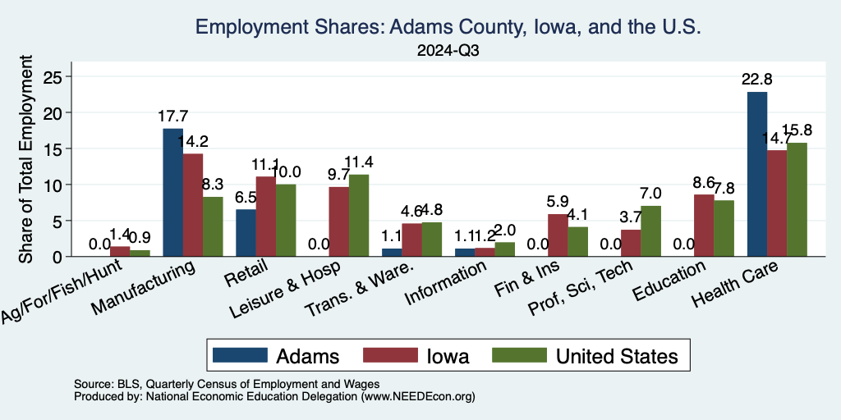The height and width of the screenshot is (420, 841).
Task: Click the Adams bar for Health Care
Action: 756,174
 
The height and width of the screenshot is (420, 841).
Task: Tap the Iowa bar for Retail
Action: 265,216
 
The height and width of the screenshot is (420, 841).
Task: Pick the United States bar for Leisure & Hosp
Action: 359,215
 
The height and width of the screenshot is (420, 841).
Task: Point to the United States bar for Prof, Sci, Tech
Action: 650,231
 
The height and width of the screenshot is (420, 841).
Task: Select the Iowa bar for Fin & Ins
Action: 558,235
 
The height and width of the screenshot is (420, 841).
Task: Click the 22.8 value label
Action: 756,80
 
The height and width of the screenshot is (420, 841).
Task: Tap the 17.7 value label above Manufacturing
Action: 172,116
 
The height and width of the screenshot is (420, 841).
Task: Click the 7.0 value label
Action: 651,194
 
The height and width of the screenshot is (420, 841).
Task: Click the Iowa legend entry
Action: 415,356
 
